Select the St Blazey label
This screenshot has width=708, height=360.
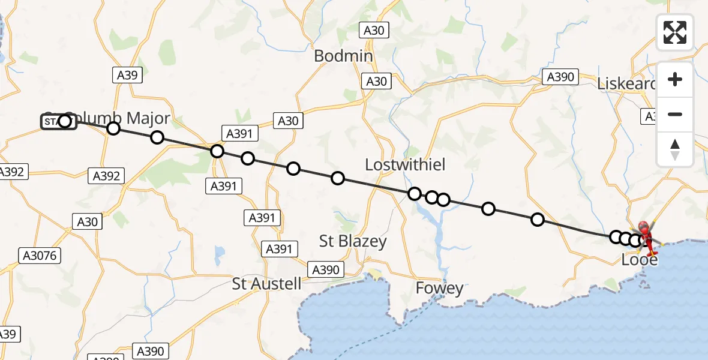[353, 241]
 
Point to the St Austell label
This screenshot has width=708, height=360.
[266, 283]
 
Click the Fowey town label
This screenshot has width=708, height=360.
[440, 289]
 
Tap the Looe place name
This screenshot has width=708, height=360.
[639, 260]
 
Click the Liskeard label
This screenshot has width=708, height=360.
[626, 84]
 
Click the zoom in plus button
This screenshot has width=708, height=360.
[675, 80]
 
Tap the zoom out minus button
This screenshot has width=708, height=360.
[675, 115]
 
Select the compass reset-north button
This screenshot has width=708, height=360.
[675, 149]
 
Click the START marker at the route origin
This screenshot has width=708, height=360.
[58, 122]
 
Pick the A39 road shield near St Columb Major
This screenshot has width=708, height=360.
[127, 74]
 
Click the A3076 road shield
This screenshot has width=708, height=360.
[40, 256]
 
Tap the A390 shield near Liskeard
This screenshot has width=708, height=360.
[560, 77]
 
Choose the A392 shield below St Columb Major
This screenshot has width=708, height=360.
[107, 176]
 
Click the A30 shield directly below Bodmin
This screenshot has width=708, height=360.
[377, 81]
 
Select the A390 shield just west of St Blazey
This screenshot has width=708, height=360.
[326, 269]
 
